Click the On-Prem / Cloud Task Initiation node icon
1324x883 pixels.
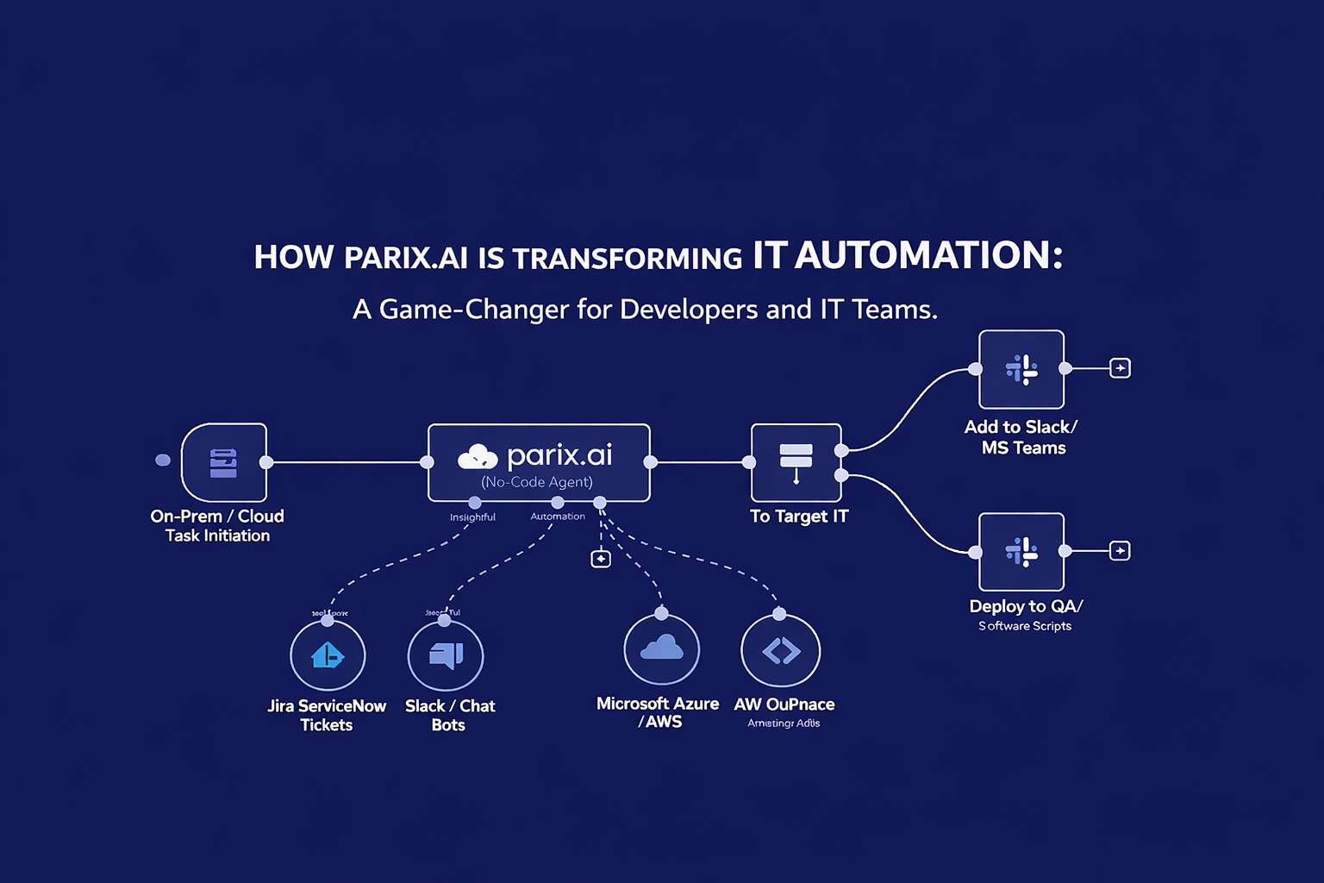[x=223, y=462]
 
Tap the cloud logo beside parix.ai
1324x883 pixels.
[x=478, y=455]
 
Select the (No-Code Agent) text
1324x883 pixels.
[x=537, y=482]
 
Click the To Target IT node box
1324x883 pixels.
[x=796, y=462]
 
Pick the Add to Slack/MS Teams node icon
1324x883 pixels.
[x=1021, y=369]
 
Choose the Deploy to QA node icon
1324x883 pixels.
[x=1021, y=551]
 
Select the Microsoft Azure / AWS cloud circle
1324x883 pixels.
[x=661, y=649]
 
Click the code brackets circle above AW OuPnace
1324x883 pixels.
[x=781, y=651]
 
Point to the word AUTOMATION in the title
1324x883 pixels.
[x=928, y=256]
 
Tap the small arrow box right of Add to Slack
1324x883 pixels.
[x=1120, y=368]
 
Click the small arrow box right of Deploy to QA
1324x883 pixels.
[x=1120, y=550]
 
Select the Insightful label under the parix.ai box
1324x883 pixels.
[x=472, y=517]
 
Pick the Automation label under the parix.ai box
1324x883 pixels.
[x=558, y=517]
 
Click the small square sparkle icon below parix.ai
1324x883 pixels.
[x=601, y=559]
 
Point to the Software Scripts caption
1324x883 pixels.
[x=1025, y=626]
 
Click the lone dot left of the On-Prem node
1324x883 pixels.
[x=163, y=460]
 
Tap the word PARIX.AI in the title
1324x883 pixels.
[x=405, y=258]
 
